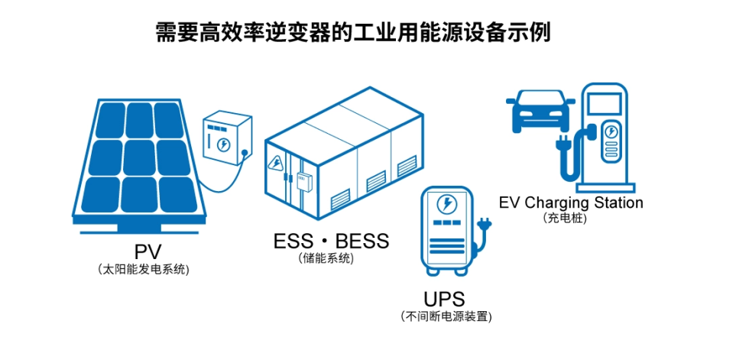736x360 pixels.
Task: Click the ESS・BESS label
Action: (x=331, y=242)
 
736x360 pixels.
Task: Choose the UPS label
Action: (x=443, y=299)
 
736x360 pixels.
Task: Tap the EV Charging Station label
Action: (x=571, y=203)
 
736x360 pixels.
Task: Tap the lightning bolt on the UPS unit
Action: (x=445, y=204)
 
